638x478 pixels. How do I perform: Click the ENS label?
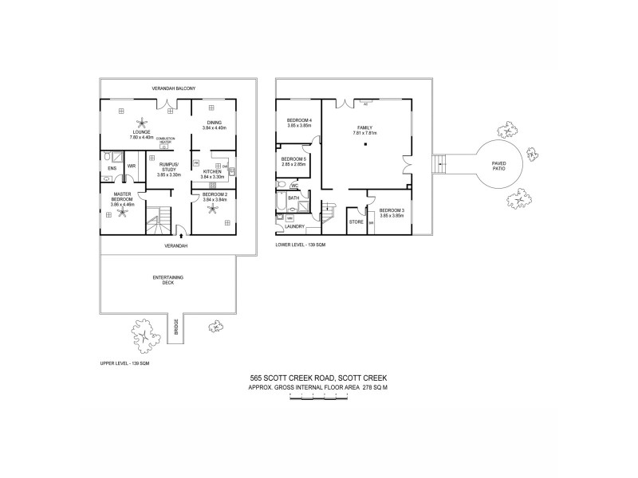(112, 168)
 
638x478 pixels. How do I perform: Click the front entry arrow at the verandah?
(184, 234)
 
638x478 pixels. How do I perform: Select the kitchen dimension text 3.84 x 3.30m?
(213, 176)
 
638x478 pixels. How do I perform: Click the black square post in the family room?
(367, 144)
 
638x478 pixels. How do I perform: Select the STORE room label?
(356, 221)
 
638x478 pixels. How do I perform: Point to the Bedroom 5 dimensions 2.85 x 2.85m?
(293, 165)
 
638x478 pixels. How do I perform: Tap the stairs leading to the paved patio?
(439, 163)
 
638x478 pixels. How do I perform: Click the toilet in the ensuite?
(106, 180)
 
